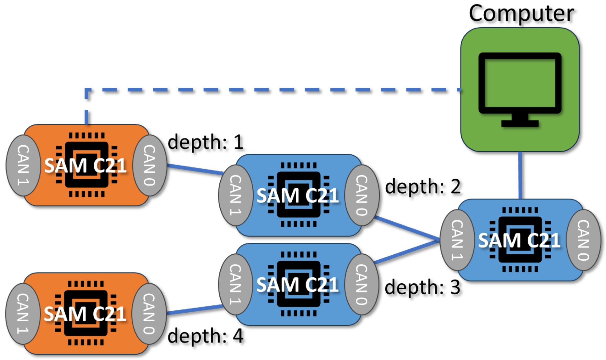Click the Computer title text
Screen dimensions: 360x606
(x=521, y=14)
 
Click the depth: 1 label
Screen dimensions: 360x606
(x=206, y=142)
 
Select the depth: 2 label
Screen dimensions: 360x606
(x=423, y=187)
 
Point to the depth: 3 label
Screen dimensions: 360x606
(x=422, y=287)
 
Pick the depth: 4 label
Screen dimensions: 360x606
(x=206, y=336)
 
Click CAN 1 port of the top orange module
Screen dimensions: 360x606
(x=23, y=165)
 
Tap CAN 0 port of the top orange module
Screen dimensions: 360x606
(x=150, y=165)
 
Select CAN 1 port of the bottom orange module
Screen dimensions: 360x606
(x=23, y=313)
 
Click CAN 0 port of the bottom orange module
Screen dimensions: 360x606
(x=149, y=313)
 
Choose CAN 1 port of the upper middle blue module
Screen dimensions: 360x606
(x=236, y=195)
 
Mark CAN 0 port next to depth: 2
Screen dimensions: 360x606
(x=362, y=195)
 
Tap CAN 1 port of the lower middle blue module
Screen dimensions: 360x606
(x=236, y=284)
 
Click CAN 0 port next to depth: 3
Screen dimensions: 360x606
(x=361, y=284)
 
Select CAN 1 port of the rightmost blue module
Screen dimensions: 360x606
(x=457, y=240)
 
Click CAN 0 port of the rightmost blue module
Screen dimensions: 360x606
(x=583, y=240)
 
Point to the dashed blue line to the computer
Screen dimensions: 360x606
(x=267, y=90)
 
